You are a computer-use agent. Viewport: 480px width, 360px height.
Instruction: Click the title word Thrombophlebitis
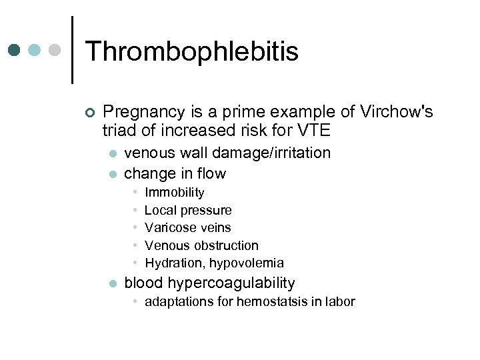(x=192, y=51)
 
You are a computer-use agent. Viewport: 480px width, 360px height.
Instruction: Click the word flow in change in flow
(x=213, y=173)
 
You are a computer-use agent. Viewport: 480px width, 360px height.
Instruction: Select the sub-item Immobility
(x=174, y=193)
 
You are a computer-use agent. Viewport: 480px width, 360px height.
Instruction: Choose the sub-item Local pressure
(x=188, y=210)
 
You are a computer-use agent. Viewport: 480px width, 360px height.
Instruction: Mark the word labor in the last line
(x=340, y=301)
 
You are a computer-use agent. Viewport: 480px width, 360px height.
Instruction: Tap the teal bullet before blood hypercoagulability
(x=112, y=283)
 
